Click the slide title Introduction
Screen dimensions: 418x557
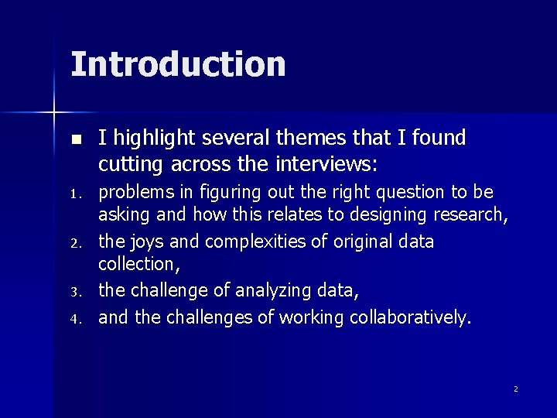178,63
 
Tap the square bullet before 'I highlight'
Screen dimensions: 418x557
75,140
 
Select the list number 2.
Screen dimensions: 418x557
74,245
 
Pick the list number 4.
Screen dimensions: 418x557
74,318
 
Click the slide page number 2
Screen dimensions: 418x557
515,389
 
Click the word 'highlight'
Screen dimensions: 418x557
152,139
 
